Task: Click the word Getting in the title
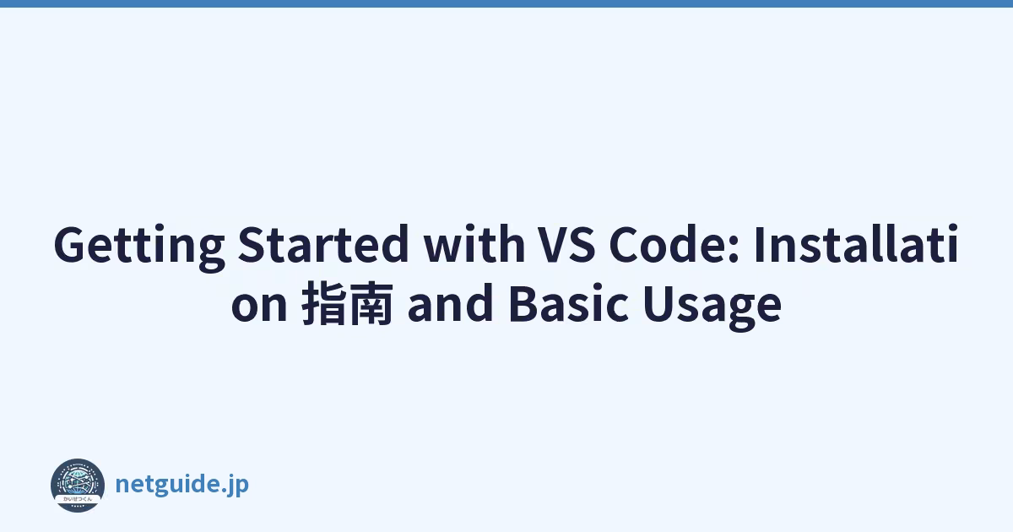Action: click(x=139, y=247)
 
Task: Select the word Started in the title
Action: click(x=323, y=244)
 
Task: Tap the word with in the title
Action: click(x=474, y=244)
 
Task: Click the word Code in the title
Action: click(x=669, y=244)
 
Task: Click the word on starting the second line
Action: click(x=259, y=306)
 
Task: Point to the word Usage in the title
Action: click(x=712, y=307)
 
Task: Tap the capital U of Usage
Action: click(x=659, y=303)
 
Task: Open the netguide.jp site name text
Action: click(x=181, y=485)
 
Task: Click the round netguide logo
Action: click(x=78, y=486)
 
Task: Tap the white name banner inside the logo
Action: click(x=78, y=498)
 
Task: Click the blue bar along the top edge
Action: click(x=506, y=3)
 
